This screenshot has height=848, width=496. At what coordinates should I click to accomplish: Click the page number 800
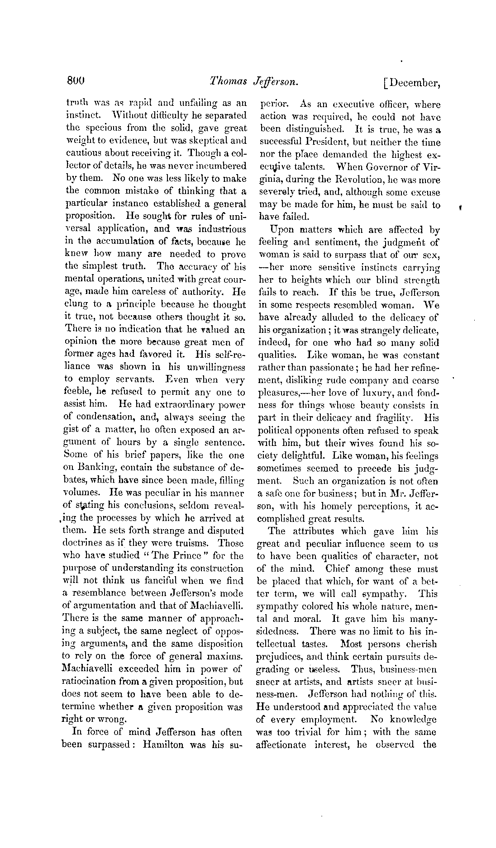pyautogui.click(x=76, y=81)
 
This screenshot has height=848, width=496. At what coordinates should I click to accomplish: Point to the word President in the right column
pyautogui.click(x=332, y=142)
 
